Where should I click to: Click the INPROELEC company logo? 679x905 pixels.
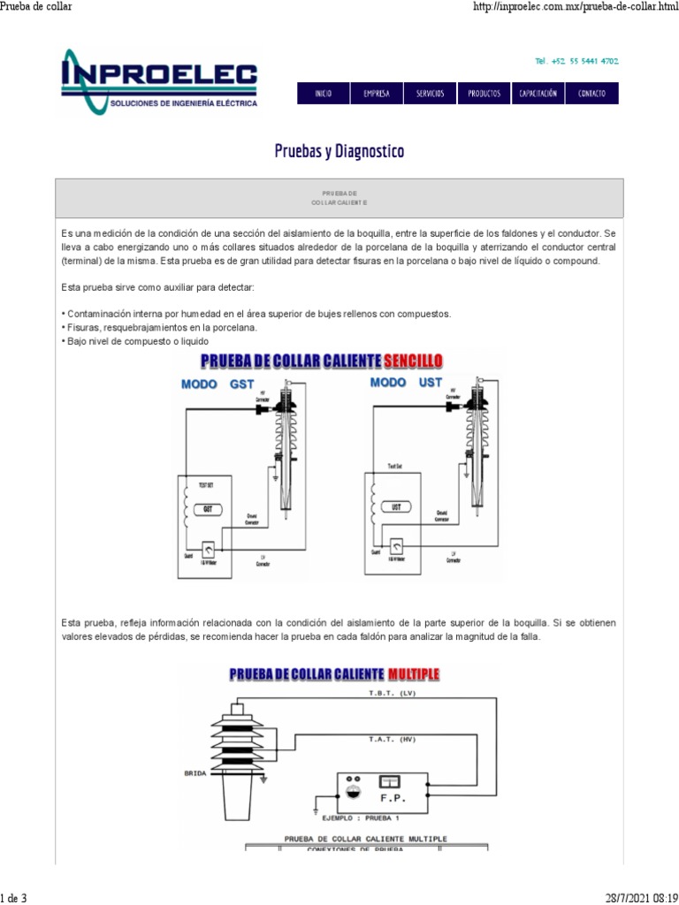(159, 81)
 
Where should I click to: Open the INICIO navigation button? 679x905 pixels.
(323, 94)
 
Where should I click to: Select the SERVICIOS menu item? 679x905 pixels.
(430, 94)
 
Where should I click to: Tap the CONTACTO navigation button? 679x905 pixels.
(591, 94)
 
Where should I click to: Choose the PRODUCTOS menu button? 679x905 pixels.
(484, 94)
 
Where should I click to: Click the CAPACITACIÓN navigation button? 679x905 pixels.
(538, 94)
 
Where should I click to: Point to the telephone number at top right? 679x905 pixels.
(576, 61)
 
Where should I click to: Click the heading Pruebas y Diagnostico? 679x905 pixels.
(339, 151)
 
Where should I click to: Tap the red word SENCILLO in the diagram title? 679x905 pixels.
(413, 361)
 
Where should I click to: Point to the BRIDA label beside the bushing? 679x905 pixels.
(195, 772)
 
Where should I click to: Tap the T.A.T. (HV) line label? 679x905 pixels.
(392, 738)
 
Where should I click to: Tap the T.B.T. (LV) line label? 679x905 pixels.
(392, 695)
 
